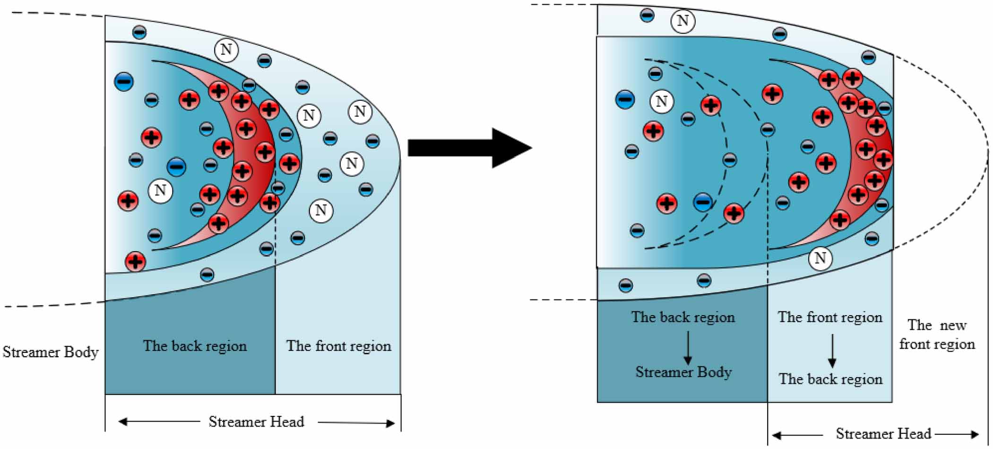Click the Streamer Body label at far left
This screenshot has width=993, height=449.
(x=51, y=352)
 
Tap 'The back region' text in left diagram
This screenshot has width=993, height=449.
(x=195, y=346)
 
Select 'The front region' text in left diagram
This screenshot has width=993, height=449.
(x=338, y=346)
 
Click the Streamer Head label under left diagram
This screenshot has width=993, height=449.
(x=256, y=422)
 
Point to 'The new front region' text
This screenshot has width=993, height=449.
(x=937, y=335)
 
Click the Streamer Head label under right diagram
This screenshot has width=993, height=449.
(x=883, y=433)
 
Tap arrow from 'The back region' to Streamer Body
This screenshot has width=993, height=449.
(x=688, y=348)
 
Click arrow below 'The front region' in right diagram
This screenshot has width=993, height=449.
(x=832, y=351)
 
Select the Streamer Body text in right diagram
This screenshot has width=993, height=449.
(x=683, y=372)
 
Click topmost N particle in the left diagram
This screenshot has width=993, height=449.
(x=226, y=49)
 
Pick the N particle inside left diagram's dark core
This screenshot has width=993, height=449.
(x=160, y=191)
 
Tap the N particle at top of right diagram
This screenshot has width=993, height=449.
(x=682, y=21)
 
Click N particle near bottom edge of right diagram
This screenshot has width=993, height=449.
(x=820, y=258)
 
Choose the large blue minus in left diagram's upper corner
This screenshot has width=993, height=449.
(x=124, y=82)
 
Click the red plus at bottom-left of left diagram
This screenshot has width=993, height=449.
(x=135, y=261)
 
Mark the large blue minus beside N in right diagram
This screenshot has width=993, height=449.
(x=625, y=100)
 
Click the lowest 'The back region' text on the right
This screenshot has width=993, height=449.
(x=830, y=379)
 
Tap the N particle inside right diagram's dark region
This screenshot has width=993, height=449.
(x=661, y=101)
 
